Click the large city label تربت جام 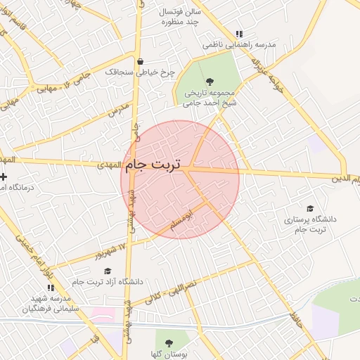152,166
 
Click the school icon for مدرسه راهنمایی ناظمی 239,34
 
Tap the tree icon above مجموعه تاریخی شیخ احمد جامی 210,82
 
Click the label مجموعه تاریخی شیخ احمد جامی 210,98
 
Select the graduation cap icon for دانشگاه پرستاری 310,209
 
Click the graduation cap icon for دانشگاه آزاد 108,271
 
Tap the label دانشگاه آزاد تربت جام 108,282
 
